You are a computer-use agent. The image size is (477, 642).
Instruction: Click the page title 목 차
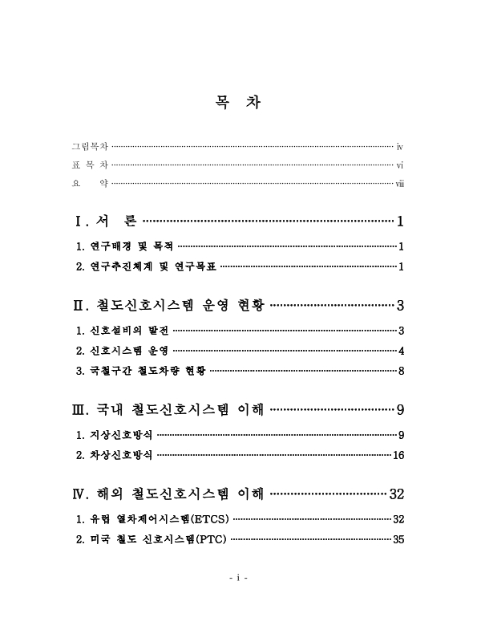[238, 104]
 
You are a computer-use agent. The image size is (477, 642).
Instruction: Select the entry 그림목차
[90, 147]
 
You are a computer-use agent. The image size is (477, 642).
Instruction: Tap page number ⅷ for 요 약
[399, 184]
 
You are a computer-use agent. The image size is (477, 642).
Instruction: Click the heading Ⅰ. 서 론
[105, 221]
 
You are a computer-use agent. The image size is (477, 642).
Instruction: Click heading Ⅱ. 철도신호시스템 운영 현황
[168, 305]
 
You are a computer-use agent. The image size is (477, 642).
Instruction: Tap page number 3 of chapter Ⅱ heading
[399, 305]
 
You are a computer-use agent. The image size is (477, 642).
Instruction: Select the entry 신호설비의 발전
[121, 331]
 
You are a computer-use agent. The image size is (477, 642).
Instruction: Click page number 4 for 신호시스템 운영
[400, 351]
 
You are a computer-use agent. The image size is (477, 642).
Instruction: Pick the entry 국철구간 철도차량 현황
[140, 371]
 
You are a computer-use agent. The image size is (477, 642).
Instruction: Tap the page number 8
[400, 371]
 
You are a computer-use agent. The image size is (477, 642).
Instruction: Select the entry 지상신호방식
[115, 436]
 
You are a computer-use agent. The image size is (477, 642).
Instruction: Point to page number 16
[398, 456]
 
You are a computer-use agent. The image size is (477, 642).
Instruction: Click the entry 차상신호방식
[115, 456]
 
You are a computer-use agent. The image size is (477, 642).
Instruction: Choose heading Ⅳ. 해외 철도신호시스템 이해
[169, 494]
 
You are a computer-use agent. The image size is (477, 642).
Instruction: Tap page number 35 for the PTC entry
[398, 540]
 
